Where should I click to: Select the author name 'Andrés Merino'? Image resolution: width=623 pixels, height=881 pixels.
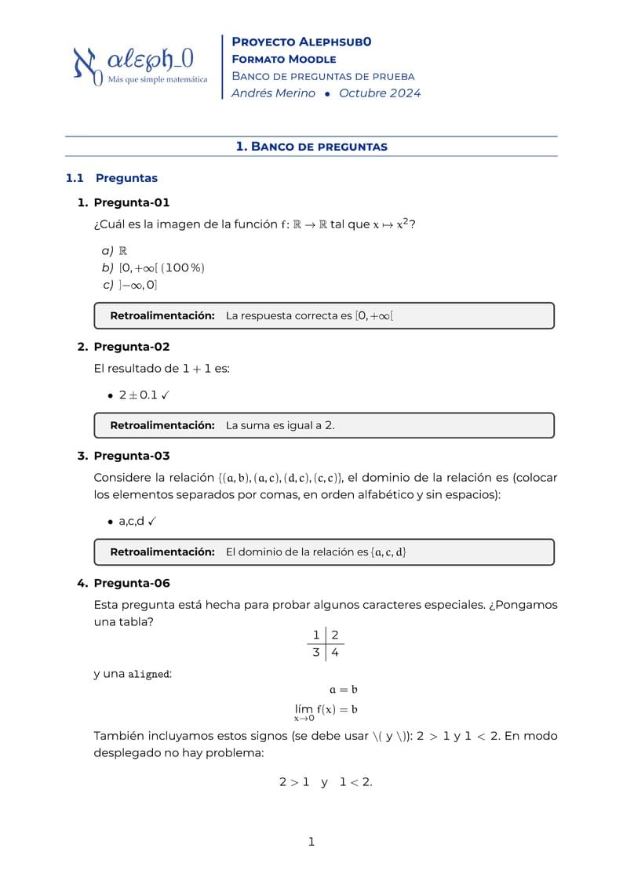pyautogui.click(x=273, y=93)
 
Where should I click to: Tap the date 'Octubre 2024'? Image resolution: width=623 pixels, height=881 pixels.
pyautogui.click(x=380, y=93)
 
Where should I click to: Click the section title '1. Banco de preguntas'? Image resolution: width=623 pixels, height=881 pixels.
pyautogui.click(x=311, y=147)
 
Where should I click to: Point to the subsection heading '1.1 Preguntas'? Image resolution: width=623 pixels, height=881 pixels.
pyautogui.click(x=111, y=178)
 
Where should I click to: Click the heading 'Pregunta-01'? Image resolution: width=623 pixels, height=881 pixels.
pyautogui.click(x=131, y=202)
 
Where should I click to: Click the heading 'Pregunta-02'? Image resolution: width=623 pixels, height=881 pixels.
pyautogui.click(x=131, y=347)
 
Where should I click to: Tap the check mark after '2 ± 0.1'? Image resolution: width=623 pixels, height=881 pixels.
pyautogui.click(x=166, y=395)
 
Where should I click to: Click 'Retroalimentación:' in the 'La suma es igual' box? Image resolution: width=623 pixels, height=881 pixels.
pyautogui.click(x=162, y=425)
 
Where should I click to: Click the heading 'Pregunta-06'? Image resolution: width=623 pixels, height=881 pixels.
pyautogui.click(x=131, y=583)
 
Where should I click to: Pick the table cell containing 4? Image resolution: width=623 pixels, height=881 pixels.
pyautogui.click(x=335, y=653)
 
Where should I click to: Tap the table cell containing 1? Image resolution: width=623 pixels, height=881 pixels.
pyautogui.click(x=316, y=635)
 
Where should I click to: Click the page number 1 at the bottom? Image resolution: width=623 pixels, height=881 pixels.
pyautogui.click(x=311, y=843)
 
